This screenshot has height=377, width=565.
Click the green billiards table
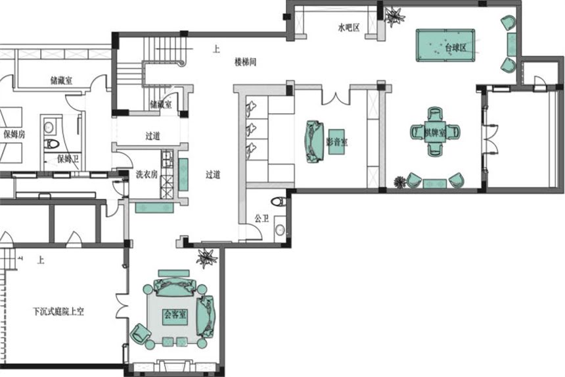447,45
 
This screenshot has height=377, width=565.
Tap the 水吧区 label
348,28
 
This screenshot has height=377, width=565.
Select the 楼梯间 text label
245,62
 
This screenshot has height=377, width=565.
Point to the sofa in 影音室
313,141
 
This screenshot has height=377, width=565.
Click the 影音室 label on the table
336,141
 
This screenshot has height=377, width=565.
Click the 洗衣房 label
146,174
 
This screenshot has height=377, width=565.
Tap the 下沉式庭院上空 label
58,311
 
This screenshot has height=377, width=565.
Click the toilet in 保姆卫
51,143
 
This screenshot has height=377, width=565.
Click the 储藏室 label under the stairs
160,104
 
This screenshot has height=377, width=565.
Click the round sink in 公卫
281,230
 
